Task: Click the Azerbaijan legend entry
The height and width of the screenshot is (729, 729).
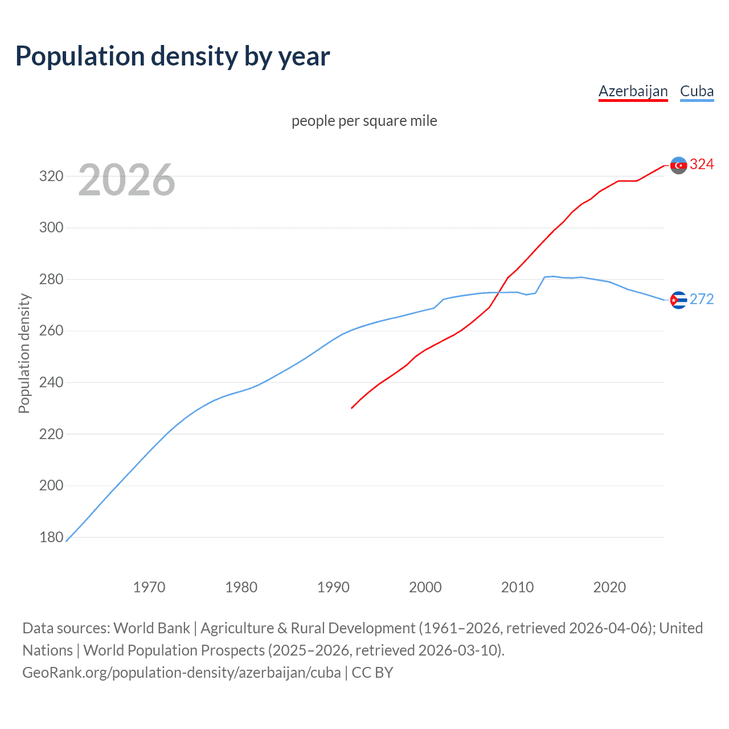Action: pos(633,91)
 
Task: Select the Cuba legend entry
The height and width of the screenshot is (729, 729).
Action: pos(697,91)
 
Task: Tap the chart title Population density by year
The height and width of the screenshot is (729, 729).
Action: pos(173,56)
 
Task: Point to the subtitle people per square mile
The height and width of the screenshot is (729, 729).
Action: pos(364,121)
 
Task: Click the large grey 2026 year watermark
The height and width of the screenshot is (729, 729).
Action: pos(126,180)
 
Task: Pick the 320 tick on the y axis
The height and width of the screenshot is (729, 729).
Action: pos(51,176)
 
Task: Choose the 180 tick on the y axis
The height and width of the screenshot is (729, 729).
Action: pos(51,537)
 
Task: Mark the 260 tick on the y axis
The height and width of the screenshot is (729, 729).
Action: pos(51,331)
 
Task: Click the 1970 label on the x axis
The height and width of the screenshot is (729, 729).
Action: pos(149,587)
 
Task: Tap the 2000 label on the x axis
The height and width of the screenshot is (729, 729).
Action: pos(425,587)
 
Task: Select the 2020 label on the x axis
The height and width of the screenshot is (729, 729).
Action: pos(609,587)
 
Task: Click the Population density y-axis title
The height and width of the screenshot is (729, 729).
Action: pos(24,353)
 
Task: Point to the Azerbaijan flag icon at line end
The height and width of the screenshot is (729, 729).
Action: pos(678,165)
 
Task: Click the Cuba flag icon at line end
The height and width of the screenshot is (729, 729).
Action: pos(678,300)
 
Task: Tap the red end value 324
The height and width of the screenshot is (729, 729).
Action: pos(702,165)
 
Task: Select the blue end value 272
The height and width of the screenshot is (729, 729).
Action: pos(702,300)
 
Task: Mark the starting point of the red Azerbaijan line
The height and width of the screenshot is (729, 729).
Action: pos(352,408)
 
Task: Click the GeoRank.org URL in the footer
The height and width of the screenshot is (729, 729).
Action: pos(182,673)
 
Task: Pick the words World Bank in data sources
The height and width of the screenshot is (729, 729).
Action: pos(151,628)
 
